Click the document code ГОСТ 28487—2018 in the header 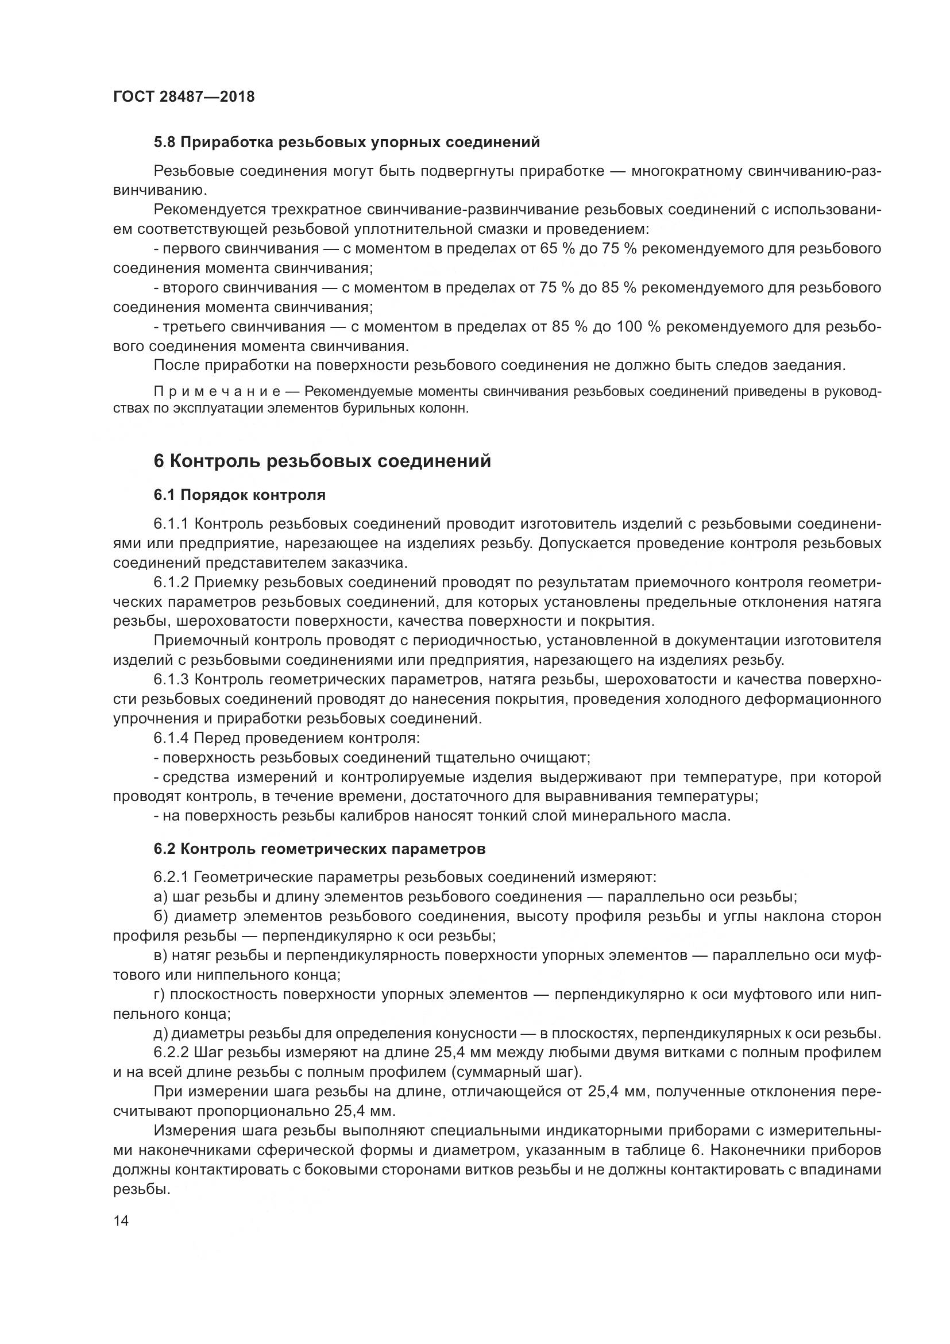coord(184,97)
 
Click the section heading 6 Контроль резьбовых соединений coord(322,461)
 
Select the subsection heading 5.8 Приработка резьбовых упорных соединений coord(346,143)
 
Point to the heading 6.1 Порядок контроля coord(240,495)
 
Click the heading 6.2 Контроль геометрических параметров coord(319,849)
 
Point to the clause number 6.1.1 coord(170,524)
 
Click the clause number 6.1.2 coord(170,583)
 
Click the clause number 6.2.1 coord(170,877)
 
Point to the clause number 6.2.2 coord(170,1053)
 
